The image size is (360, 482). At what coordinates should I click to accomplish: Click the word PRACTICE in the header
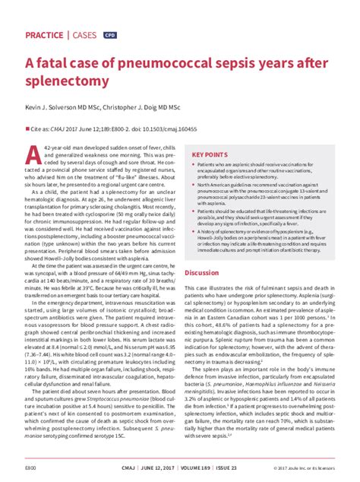click(x=45, y=36)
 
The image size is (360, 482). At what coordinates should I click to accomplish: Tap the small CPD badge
click(x=111, y=36)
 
